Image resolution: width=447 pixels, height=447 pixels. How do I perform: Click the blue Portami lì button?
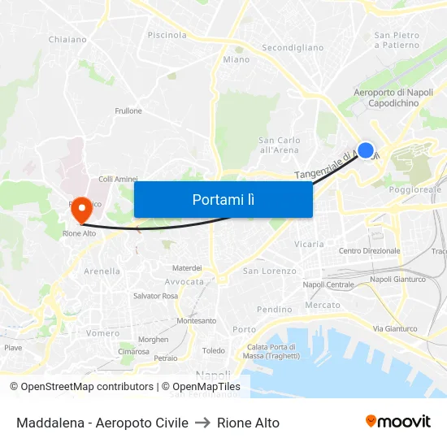point(223,199)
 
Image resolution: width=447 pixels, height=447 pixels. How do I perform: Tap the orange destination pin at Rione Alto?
point(80,210)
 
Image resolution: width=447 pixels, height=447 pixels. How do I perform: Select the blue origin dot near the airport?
point(366,150)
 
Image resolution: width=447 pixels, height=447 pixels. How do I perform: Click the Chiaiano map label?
point(67,39)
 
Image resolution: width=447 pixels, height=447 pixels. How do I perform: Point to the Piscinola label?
point(167,35)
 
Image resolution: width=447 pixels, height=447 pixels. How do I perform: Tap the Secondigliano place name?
point(292,48)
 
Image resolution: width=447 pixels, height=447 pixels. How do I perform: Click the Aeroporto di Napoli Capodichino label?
point(393,98)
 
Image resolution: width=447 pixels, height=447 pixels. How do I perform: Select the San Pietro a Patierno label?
point(397,40)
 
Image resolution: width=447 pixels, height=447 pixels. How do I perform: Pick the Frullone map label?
point(128,111)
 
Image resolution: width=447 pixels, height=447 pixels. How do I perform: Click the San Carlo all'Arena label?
point(279,145)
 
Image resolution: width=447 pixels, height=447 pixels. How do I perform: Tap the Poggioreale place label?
point(414,189)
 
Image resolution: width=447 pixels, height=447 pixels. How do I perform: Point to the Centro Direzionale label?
point(369,251)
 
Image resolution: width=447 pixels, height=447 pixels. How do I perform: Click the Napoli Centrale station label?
point(328,284)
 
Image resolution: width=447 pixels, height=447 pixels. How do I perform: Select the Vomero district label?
point(103,333)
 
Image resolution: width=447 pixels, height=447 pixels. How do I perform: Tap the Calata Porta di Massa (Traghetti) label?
point(271,351)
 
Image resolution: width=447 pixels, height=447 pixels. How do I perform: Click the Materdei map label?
point(187,267)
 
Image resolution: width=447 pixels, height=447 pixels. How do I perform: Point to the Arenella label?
point(102,271)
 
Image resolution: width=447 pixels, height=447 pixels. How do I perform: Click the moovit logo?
point(397,421)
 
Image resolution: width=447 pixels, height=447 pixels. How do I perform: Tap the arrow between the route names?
point(202,423)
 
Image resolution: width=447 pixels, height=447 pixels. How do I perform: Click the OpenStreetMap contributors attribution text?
point(87,387)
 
